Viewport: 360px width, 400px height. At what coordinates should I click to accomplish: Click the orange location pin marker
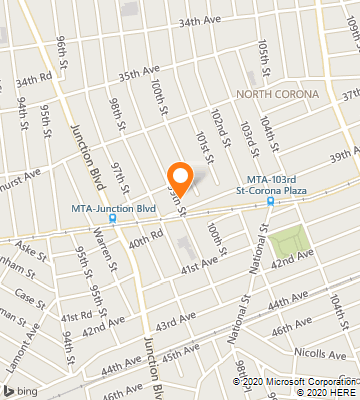coord(179,178)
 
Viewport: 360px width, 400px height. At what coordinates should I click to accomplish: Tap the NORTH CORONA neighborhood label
coord(277,94)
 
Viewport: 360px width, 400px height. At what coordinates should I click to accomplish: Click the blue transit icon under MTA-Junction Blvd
coord(112,218)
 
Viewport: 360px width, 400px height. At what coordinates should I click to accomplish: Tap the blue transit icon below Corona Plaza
coord(270,200)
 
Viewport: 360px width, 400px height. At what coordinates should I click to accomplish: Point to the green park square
coord(287,241)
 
